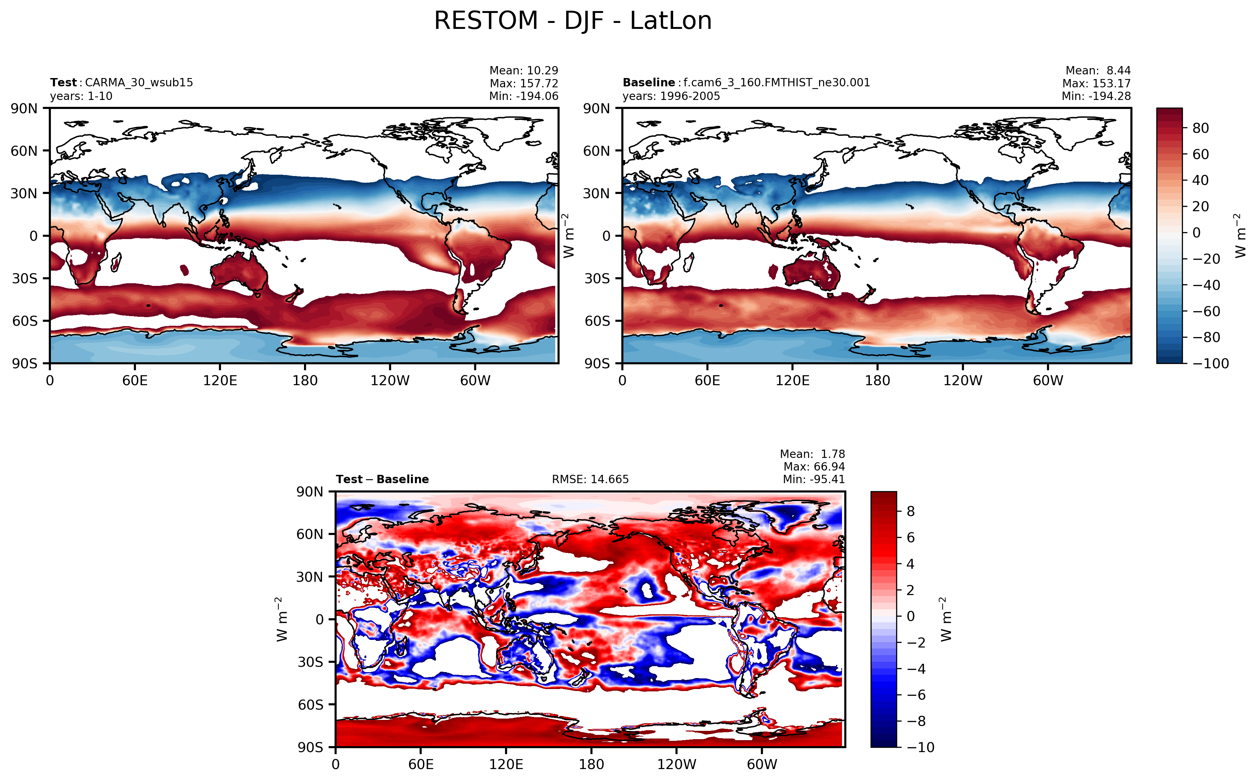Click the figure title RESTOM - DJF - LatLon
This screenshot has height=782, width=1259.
click(572, 21)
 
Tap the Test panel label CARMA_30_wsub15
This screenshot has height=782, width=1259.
click(139, 83)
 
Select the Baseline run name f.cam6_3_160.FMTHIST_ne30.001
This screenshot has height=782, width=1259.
click(776, 83)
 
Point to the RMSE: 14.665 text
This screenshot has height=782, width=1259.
click(590, 479)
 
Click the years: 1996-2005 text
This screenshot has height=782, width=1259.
click(671, 96)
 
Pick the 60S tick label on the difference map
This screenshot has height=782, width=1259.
click(310, 705)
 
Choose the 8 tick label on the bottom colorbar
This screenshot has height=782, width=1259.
click(911, 511)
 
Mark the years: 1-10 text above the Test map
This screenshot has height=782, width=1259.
click(81, 96)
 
